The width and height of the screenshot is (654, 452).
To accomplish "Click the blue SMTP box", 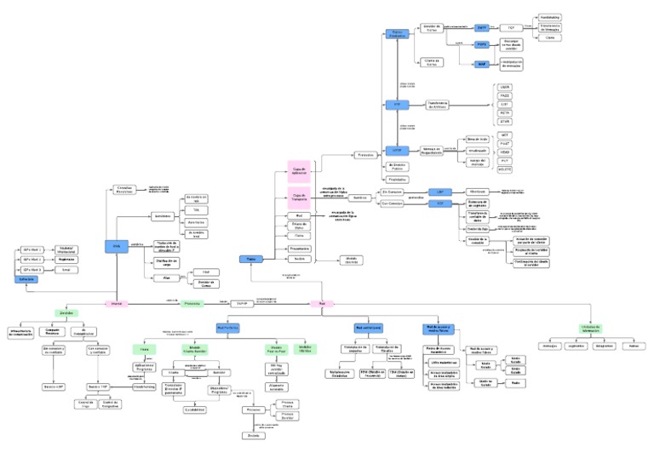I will [x=482, y=28].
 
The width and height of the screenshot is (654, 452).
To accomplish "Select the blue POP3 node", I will [x=482, y=44].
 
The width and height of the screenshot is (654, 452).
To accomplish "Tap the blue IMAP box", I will [x=482, y=64].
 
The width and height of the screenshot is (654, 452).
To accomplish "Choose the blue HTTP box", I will [x=397, y=150].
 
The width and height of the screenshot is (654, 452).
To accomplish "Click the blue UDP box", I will [x=440, y=192].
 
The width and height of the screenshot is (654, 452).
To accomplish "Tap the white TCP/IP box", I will [x=242, y=302].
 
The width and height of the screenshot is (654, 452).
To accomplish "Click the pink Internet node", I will [x=117, y=303].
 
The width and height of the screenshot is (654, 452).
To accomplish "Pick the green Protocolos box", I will [x=192, y=303].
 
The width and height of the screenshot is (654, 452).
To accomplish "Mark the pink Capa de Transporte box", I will [x=299, y=197].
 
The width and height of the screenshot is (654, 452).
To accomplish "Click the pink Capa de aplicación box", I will [x=299, y=171].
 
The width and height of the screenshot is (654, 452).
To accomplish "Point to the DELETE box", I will [x=505, y=169].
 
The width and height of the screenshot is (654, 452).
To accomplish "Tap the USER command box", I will [x=505, y=87].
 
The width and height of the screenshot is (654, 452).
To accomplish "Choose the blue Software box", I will [x=26, y=279].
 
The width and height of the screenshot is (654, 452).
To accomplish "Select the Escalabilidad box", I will [x=196, y=409].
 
